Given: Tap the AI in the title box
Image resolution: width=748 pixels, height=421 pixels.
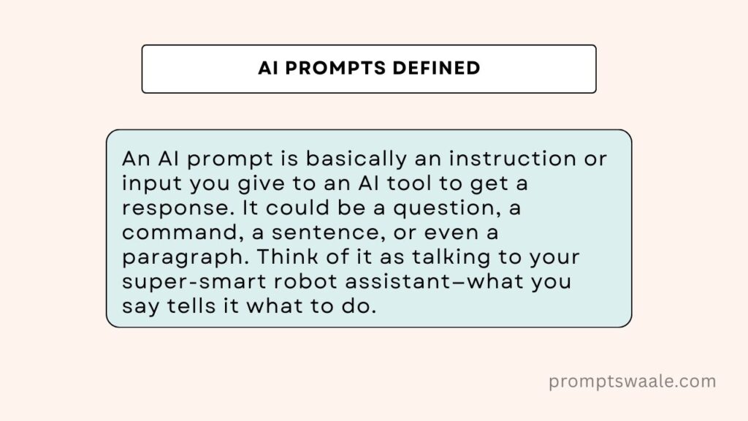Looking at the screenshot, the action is [268, 68].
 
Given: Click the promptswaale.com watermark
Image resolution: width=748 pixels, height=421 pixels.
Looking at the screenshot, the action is [632, 382].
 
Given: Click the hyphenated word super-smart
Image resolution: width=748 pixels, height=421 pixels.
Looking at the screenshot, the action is [194, 282].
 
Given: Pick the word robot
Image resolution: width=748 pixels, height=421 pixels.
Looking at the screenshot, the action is [305, 281].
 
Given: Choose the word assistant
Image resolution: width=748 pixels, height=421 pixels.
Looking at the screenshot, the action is [397, 281].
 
